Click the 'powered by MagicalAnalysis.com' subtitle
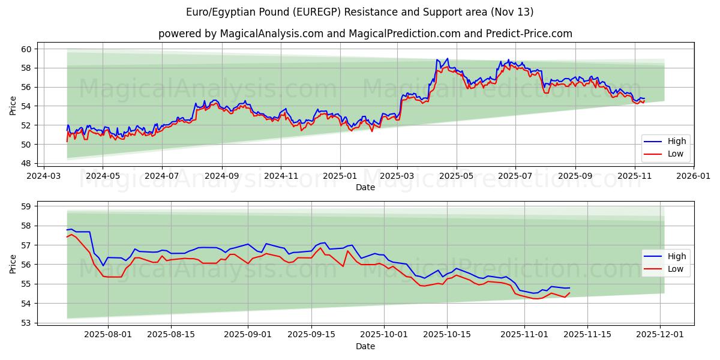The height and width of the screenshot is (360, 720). click(x=365, y=34)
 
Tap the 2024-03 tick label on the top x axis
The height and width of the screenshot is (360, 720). click(x=43, y=176)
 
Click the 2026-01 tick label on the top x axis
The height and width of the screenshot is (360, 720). click(x=693, y=176)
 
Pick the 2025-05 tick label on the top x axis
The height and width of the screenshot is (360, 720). click(x=456, y=176)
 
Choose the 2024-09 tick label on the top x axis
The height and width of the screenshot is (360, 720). click(x=221, y=176)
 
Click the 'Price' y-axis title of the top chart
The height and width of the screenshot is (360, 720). click(x=13, y=106)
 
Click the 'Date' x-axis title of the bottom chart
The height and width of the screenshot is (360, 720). click(x=365, y=347)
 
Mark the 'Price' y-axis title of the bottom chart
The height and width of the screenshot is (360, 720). click(x=13, y=263)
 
